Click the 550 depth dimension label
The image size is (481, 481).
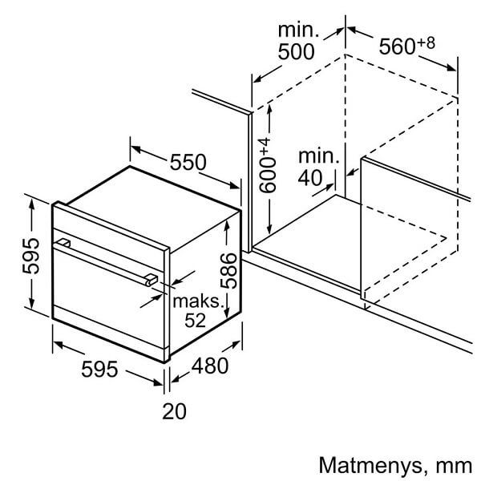click(x=188, y=162)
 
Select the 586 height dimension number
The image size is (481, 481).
click(x=229, y=271)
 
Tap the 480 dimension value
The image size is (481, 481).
click(x=210, y=366)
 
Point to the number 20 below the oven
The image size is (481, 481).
click(x=174, y=411)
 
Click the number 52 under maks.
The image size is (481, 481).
click(x=195, y=320)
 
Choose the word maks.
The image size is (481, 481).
click(x=197, y=301)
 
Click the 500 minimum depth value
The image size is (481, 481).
click(x=296, y=51)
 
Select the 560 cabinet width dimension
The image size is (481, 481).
click(x=398, y=46)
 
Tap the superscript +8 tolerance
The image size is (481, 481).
click(x=426, y=42)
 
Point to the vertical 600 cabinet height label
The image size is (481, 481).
click(x=267, y=176)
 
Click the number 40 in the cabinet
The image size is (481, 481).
click(x=310, y=177)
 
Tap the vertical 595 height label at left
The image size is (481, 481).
click(x=30, y=256)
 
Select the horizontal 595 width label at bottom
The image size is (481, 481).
click(x=99, y=369)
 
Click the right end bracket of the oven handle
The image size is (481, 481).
click(x=152, y=280)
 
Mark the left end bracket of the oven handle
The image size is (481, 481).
click(x=64, y=243)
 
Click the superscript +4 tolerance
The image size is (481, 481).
click(x=265, y=147)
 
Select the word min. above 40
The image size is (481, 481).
click(x=319, y=156)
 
